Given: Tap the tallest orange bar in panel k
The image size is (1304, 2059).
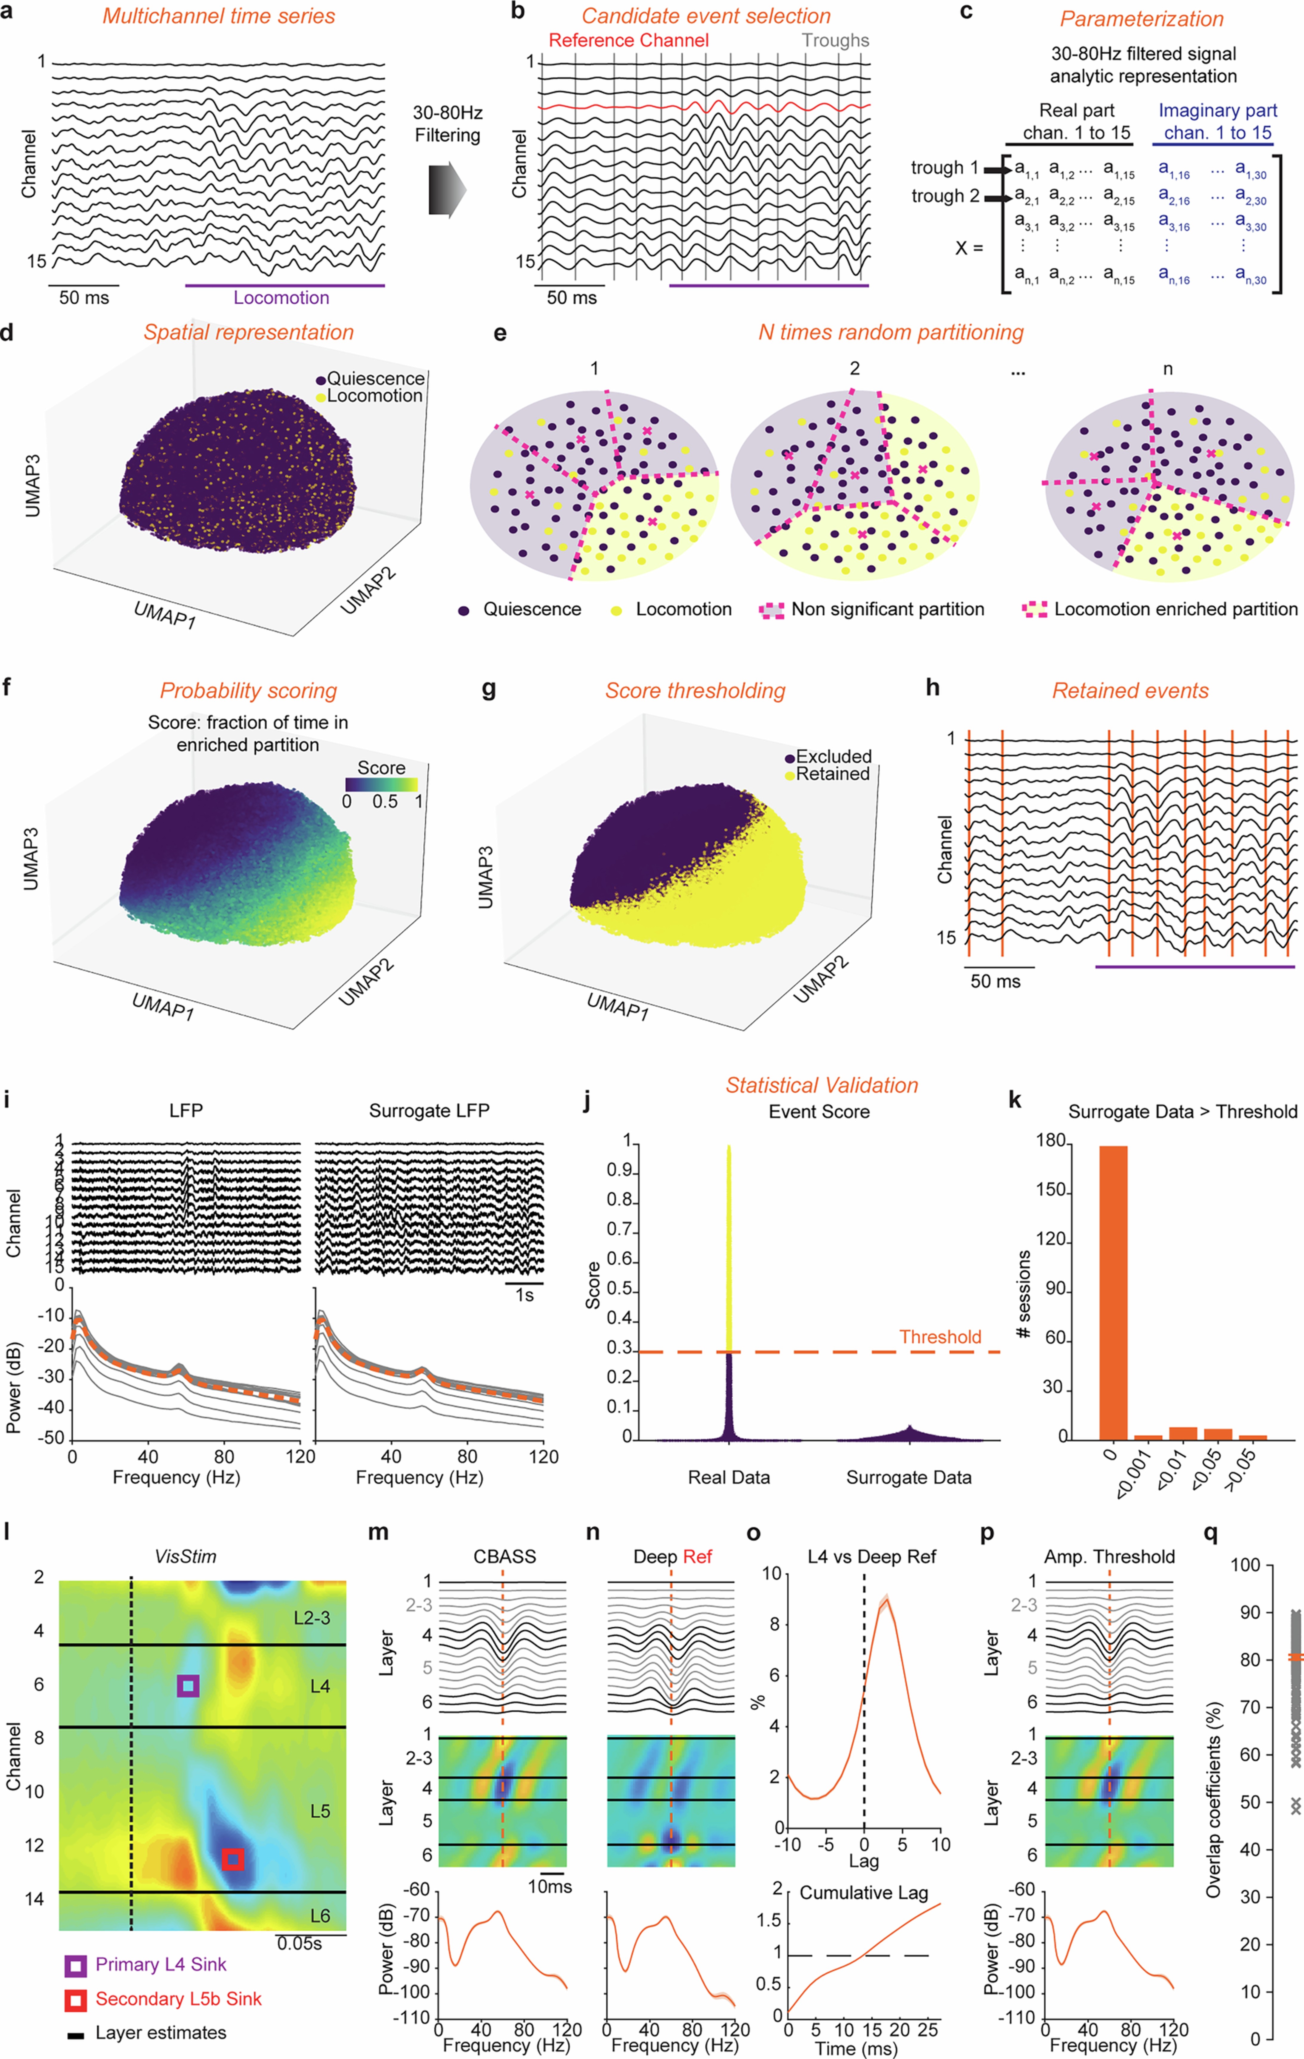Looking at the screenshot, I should [1112, 1291].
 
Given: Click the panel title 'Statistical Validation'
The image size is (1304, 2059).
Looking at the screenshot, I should [822, 1085].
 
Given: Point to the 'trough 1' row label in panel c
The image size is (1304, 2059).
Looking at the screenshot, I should [944, 168].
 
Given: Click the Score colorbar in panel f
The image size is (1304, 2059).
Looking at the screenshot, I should [381, 784].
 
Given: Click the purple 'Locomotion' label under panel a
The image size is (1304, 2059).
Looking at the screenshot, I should [281, 297].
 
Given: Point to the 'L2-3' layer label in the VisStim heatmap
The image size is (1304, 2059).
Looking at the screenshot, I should [311, 1618].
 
